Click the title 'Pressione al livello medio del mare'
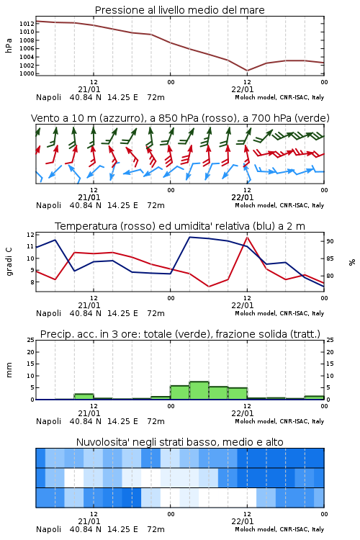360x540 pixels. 179,10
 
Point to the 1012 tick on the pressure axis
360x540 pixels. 27,24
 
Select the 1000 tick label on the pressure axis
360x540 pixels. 27,73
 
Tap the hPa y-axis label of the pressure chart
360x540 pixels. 9,45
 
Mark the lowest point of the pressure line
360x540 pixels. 248,71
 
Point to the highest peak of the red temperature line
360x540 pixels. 248,237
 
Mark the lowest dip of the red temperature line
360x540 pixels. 209,287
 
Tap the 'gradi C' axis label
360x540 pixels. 9,262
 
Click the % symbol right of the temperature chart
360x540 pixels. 352,262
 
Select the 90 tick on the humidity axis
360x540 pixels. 330,241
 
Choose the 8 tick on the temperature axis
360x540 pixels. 32,282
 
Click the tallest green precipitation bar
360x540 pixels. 199,390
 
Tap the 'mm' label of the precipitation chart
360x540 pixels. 9,370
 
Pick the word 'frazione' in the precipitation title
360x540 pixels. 233,334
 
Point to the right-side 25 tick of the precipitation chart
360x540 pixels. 330,340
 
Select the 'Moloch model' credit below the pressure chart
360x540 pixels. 256,97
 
